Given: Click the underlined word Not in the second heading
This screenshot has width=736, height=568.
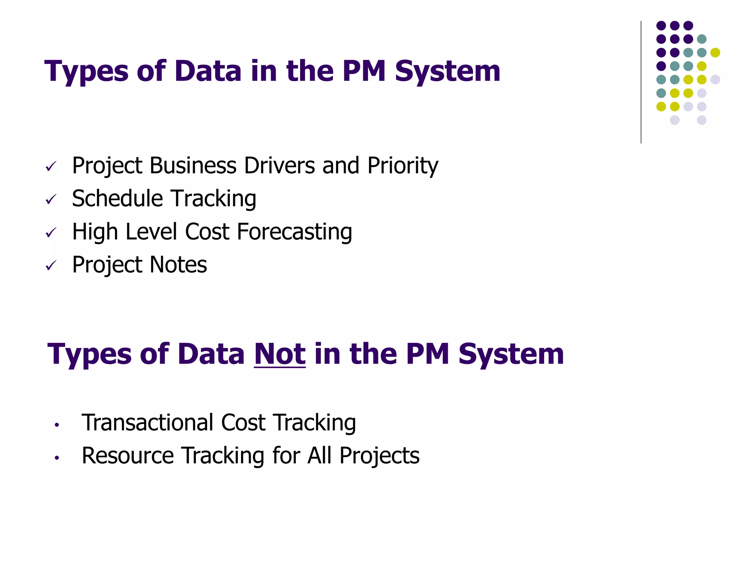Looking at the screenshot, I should click(280, 354).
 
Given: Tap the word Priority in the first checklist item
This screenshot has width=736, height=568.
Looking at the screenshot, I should click(402, 166).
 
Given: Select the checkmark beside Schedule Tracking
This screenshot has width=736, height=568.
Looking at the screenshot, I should click(51, 199).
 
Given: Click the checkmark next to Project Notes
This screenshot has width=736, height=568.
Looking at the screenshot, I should click(51, 265).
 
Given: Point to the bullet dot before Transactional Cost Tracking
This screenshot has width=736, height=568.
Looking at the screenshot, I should click(56, 425).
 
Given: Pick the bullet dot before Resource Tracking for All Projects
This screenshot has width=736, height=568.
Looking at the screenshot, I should click(56, 458).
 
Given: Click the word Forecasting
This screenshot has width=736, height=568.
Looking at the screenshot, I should click(294, 232).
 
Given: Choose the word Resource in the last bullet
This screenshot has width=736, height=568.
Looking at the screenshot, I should click(128, 456).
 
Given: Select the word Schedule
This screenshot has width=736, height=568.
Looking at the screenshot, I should click(118, 199).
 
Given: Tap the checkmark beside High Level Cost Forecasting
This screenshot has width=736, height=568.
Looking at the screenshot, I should click(51, 232).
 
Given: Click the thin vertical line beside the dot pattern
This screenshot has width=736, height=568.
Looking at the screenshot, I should click(641, 82).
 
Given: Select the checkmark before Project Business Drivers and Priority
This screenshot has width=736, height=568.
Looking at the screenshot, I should click(51, 166).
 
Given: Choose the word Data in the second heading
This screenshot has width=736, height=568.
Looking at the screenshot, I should click(211, 354).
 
